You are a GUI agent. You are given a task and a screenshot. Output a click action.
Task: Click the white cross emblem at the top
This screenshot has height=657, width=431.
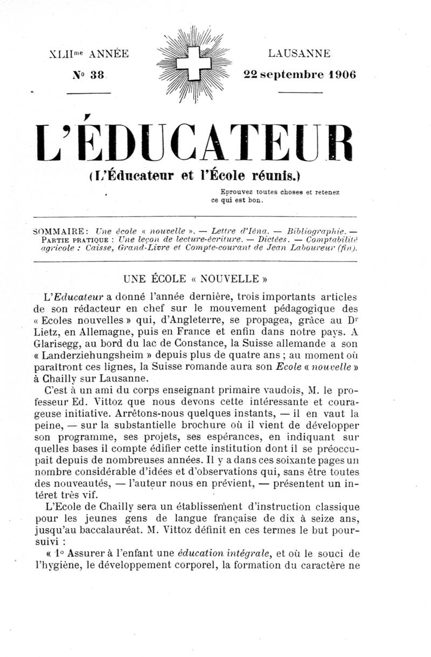[x=197, y=63]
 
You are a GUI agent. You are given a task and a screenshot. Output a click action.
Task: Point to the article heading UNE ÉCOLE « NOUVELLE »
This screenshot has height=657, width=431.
[x=196, y=279]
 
